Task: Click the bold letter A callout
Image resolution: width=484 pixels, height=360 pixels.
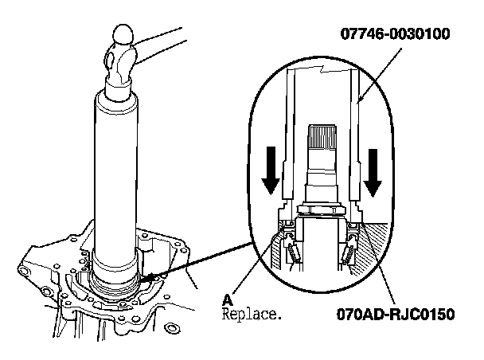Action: click(228, 300)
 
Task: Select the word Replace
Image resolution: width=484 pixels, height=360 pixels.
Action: click(252, 315)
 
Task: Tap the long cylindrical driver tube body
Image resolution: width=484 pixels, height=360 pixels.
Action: click(117, 175)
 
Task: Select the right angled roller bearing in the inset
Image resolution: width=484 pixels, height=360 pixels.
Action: click(350, 251)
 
